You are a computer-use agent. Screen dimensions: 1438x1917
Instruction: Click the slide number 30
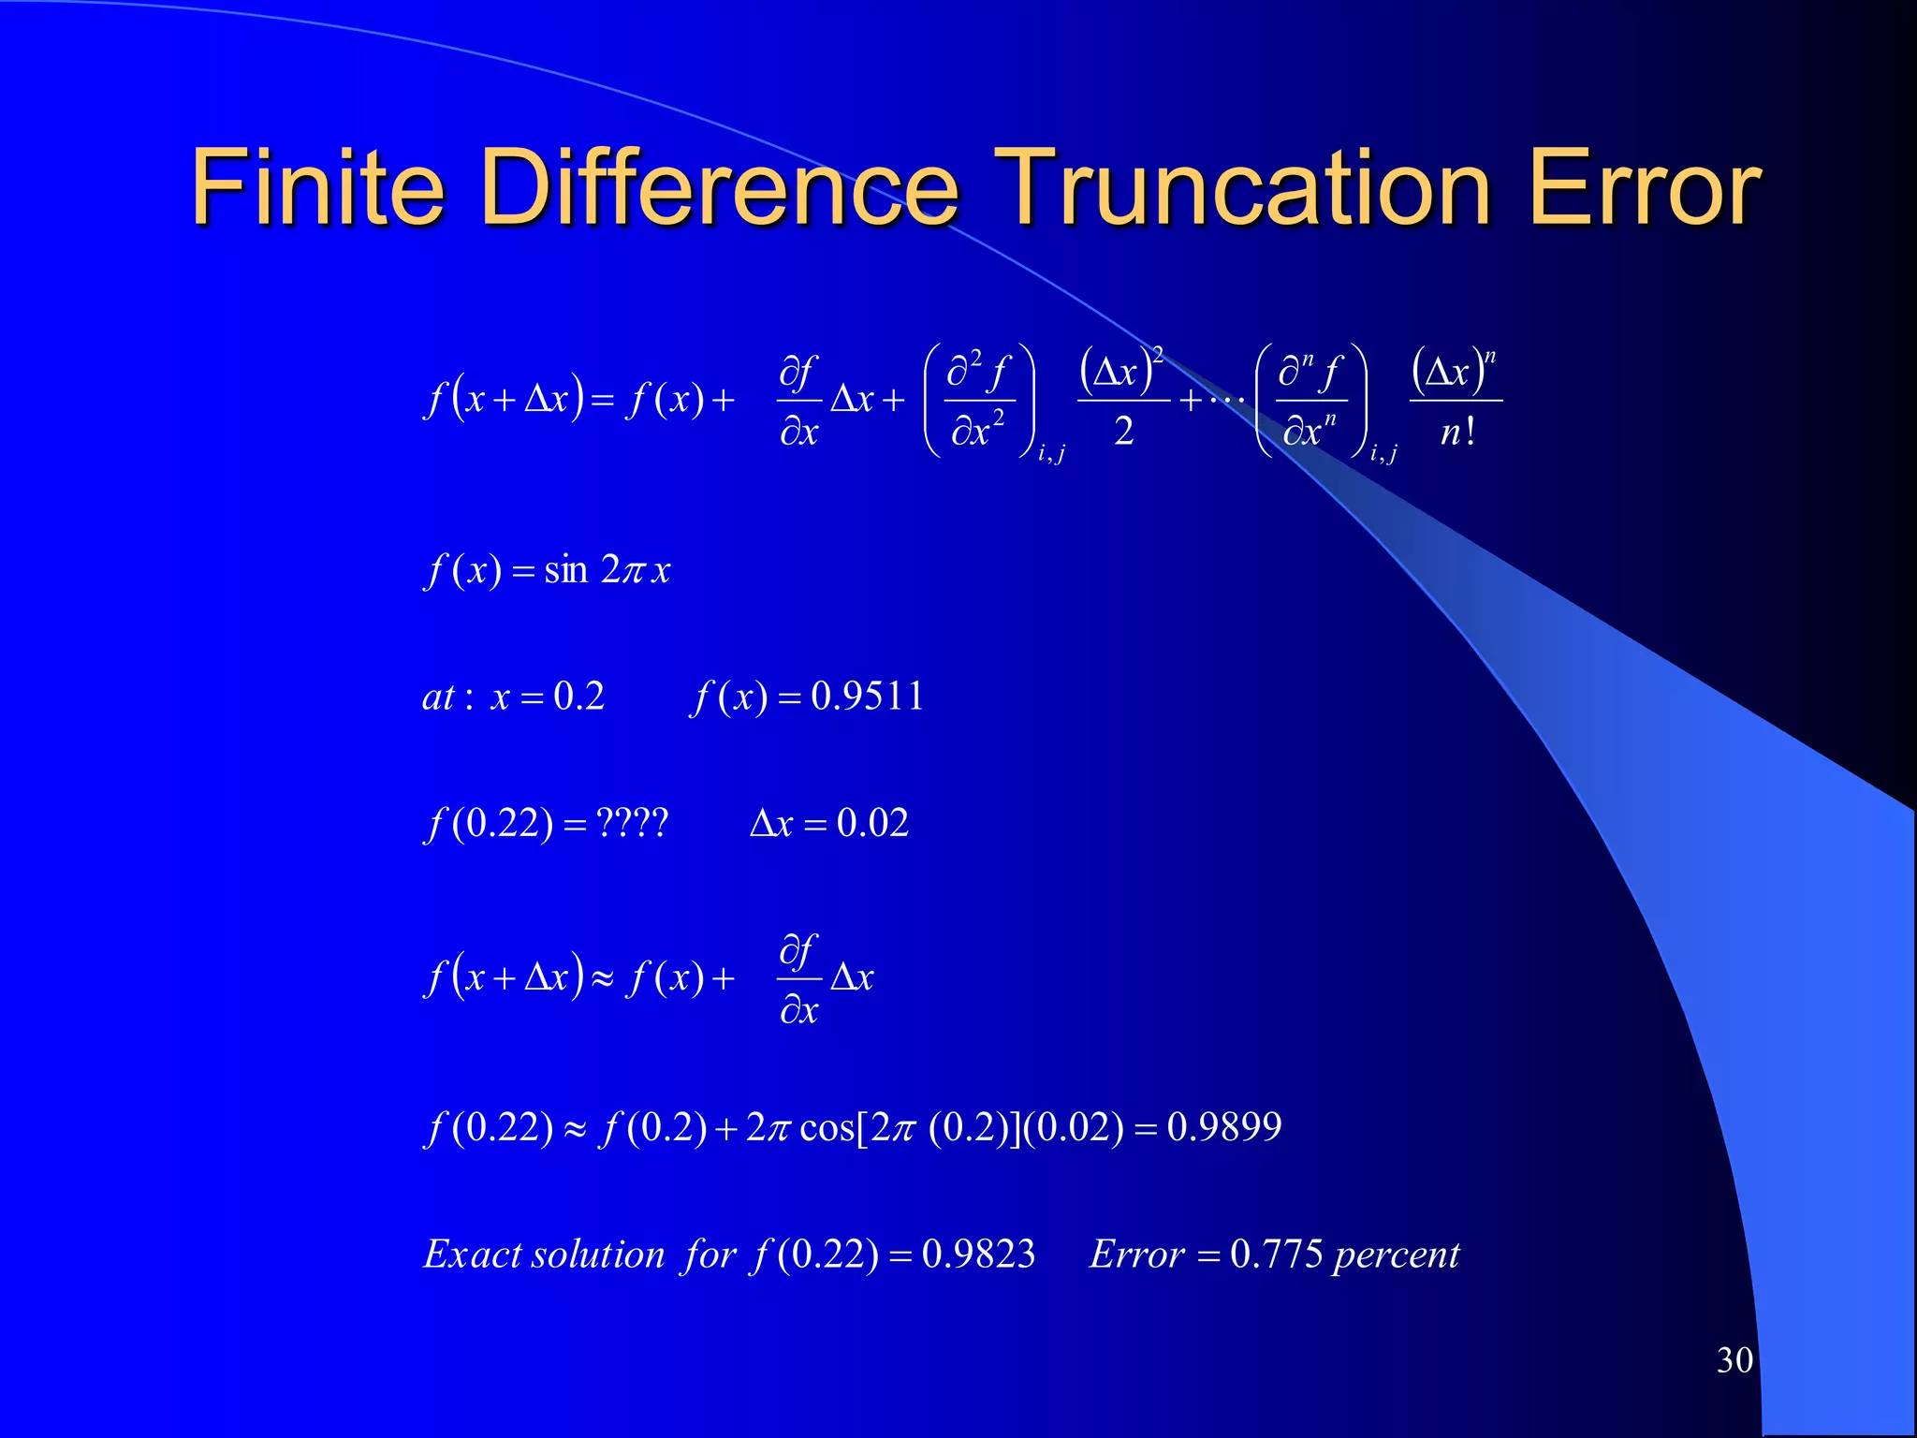1734,1360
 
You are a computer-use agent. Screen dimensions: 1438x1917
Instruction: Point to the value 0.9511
868,697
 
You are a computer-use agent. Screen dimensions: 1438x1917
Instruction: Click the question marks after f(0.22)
633,823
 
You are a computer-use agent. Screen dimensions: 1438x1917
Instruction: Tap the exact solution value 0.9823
979,1254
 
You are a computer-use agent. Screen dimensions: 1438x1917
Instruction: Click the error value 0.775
1277,1254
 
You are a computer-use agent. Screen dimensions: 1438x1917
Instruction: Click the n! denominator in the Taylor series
1457,433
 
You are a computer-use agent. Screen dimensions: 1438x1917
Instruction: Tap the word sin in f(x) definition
566,569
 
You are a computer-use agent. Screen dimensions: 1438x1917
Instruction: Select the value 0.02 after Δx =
872,823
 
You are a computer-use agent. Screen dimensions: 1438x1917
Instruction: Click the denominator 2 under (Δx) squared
1123,432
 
